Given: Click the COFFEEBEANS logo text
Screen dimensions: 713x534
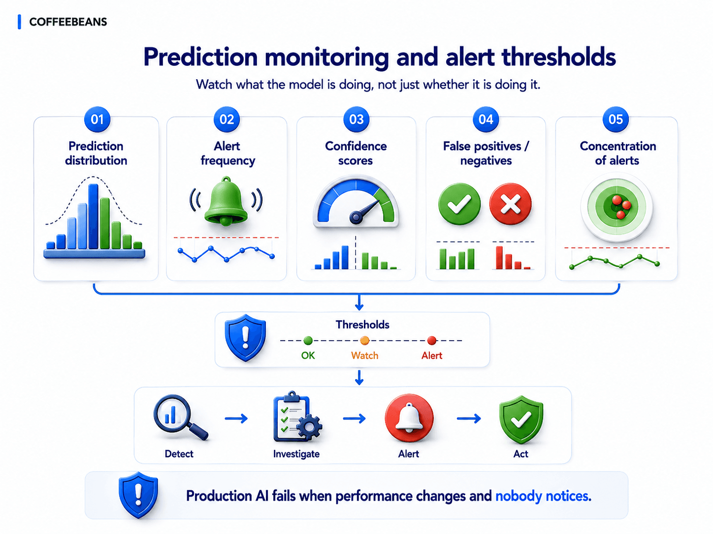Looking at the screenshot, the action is click(x=68, y=22).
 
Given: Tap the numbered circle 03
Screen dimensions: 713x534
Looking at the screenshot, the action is click(x=356, y=119).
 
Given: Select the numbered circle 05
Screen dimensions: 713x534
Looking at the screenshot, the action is click(x=616, y=119).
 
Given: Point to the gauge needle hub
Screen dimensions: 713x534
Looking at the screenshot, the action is click(x=356, y=217).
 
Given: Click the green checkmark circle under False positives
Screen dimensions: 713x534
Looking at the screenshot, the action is click(x=459, y=204).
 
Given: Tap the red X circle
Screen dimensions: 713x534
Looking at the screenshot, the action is click(x=510, y=204).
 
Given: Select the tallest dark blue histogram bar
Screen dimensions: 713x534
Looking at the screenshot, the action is click(x=94, y=216).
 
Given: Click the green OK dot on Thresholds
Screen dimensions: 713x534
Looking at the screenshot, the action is click(x=308, y=340).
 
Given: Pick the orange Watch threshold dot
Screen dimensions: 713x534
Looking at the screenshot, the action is click(x=365, y=340).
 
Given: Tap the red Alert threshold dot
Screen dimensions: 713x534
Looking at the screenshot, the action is click(x=432, y=340).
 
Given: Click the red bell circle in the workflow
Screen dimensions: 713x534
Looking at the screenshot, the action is click(x=409, y=418).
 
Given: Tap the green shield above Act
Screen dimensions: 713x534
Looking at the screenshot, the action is click(x=521, y=419).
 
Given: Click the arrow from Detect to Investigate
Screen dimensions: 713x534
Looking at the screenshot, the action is click(x=236, y=418).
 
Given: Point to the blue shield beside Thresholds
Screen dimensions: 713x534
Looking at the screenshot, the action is click(x=246, y=338).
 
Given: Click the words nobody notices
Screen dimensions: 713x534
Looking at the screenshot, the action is click(x=543, y=496).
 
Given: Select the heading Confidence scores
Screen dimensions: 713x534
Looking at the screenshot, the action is click(x=356, y=153).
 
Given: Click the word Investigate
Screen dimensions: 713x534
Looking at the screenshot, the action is click(x=296, y=454).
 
